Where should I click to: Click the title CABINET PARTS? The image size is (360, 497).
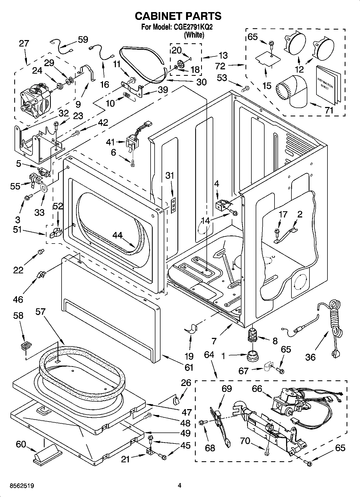178,16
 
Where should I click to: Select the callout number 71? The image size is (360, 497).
329,110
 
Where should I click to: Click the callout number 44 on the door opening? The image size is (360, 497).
117,235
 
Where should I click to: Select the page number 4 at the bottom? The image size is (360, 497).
179,485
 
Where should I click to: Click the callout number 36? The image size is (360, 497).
311,357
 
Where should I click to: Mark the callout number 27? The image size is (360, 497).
24,44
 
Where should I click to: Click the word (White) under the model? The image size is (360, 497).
194,35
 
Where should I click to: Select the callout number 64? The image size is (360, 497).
209,355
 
